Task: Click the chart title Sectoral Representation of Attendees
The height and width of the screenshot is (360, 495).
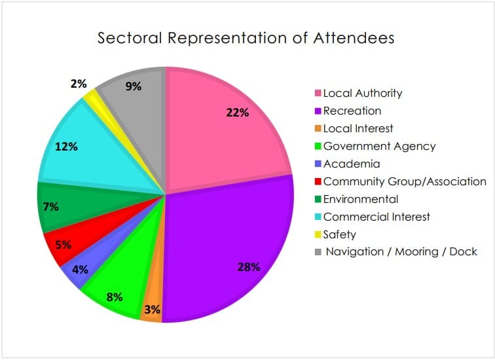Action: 246,38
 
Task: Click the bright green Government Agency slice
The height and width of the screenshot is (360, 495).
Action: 118,288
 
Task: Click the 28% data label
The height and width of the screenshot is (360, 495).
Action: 249,267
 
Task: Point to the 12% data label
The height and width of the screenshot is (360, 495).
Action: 66,147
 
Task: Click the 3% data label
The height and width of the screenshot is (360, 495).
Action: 152,310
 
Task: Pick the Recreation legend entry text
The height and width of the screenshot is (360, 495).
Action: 352,111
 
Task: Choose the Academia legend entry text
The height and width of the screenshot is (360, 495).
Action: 352,164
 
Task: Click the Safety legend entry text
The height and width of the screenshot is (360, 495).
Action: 340,234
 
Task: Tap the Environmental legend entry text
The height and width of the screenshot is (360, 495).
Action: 361,199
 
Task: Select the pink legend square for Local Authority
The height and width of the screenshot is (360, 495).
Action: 318,94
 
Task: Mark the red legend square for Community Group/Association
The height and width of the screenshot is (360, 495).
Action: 318,182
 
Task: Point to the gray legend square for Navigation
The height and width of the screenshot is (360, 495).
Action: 318,252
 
